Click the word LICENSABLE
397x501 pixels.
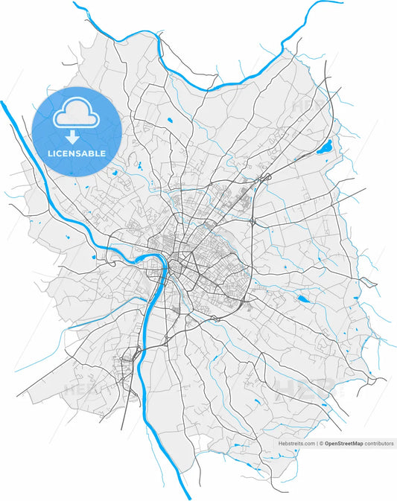(76, 153)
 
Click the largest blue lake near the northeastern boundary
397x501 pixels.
(324, 147)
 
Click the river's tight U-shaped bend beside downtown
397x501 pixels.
(158, 261)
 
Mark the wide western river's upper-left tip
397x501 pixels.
(2, 101)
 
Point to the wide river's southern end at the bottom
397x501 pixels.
(190, 497)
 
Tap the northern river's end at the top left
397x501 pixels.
(75, 4)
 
